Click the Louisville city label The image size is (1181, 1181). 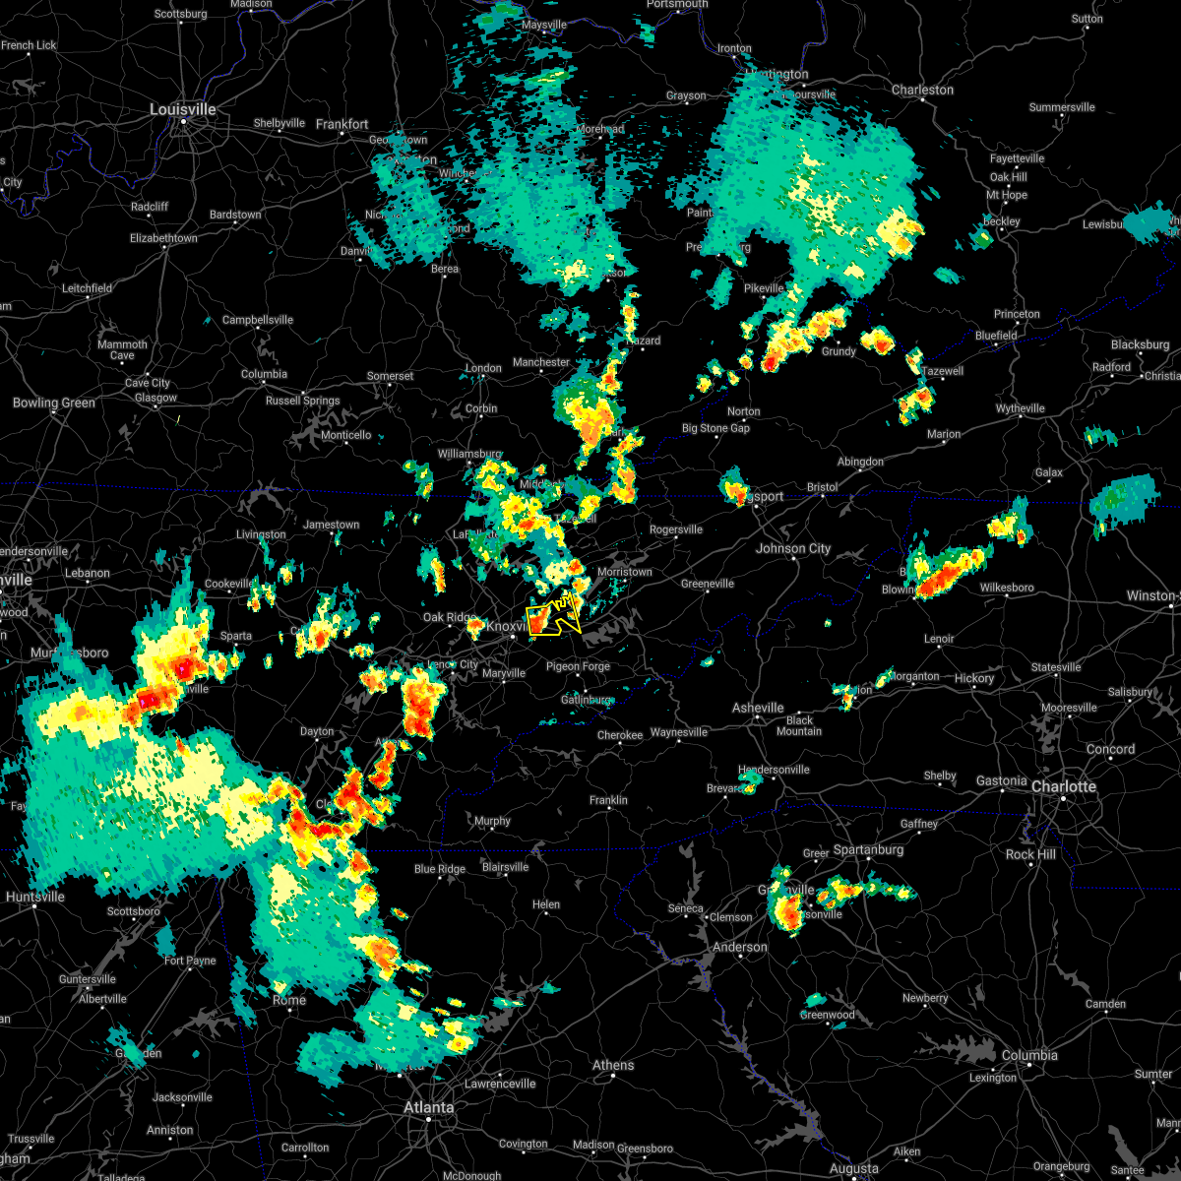[182, 109]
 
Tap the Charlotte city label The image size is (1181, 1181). [1064, 786]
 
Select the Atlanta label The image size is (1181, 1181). [429, 1107]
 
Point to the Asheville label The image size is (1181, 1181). [758, 708]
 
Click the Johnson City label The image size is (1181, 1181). [793, 548]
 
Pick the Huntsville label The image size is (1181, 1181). [35, 897]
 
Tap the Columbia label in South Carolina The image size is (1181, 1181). [1029, 1055]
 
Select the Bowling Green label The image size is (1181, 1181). [54, 403]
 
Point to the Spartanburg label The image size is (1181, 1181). [868, 849]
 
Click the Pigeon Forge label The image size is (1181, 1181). [578, 666]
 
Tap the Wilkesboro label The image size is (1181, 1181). [1007, 588]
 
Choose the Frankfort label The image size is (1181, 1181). [342, 124]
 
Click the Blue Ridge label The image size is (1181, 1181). [440, 869]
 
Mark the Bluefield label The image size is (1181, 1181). [996, 336]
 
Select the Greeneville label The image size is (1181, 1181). [708, 584]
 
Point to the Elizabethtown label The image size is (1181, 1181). [163, 238]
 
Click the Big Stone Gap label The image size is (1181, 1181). [715, 428]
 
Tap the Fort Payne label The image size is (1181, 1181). [190, 961]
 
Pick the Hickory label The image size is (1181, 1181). [974, 678]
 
